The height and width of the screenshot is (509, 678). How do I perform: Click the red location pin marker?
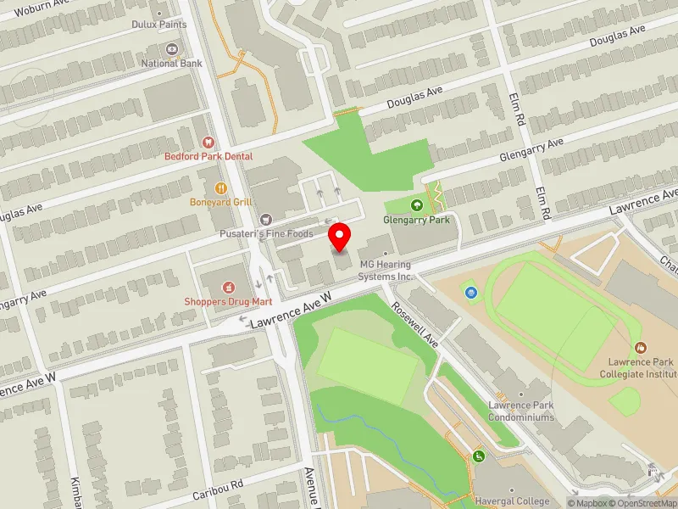point(340,238)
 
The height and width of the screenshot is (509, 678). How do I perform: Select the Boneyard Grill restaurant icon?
point(220,187)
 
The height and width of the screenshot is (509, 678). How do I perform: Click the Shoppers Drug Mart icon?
point(227,288)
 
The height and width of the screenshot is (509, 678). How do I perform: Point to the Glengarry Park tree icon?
point(416,204)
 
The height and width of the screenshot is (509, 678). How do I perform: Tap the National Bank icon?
point(172,49)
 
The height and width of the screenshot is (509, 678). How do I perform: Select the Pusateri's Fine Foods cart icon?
point(266,219)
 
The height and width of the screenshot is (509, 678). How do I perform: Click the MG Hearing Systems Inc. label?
point(386,271)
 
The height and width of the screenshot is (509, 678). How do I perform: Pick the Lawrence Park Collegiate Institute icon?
point(642,347)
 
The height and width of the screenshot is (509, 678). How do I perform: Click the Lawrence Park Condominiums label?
point(521,411)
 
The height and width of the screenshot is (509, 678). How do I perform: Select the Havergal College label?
point(512,501)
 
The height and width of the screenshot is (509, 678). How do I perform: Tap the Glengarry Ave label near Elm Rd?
point(531,150)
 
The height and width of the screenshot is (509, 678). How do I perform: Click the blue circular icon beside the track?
point(471,293)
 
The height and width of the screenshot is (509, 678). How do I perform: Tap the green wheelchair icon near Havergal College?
point(480,456)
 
